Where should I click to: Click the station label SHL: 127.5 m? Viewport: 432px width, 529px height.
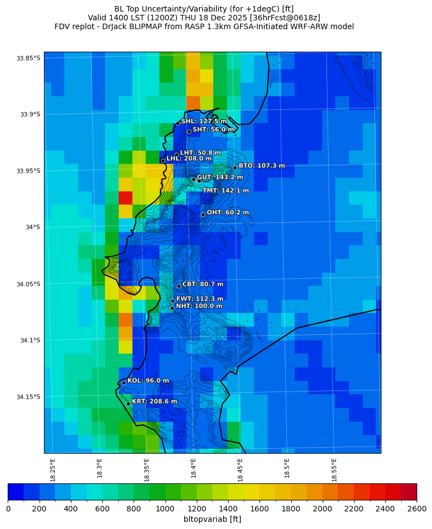(x=203, y=122)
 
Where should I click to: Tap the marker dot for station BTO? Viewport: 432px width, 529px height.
(x=235, y=168)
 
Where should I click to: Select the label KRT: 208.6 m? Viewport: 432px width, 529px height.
(x=154, y=401)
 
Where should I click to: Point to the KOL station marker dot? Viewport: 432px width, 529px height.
(x=124, y=383)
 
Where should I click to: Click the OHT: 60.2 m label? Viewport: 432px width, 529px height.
(x=228, y=213)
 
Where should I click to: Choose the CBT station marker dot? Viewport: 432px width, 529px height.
(x=179, y=286)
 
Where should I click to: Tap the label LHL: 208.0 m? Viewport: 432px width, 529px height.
(x=189, y=158)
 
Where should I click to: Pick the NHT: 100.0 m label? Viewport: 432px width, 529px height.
(x=199, y=306)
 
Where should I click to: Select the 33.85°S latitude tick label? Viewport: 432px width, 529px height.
(x=29, y=58)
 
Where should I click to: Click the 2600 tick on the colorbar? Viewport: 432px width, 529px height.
(x=416, y=509)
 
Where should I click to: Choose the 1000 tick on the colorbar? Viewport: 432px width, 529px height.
(x=165, y=509)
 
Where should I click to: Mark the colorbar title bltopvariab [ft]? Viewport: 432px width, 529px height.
(x=212, y=519)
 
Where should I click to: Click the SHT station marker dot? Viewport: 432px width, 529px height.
(x=189, y=131)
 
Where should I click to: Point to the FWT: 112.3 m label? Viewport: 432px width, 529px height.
(x=200, y=299)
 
